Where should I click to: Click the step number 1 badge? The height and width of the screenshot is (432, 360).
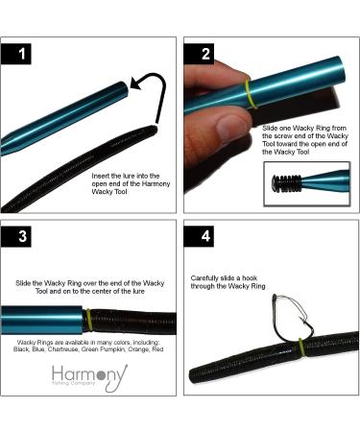(x=16, y=54)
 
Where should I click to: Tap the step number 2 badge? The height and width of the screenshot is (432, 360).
(x=199, y=54)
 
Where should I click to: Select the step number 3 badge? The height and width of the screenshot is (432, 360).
(x=16, y=236)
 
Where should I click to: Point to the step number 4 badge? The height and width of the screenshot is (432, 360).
(x=199, y=236)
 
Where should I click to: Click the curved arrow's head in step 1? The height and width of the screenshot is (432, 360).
(x=136, y=84)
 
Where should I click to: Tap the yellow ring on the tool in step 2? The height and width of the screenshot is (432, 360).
(x=251, y=94)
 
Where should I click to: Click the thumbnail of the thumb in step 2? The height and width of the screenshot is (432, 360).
(x=231, y=129)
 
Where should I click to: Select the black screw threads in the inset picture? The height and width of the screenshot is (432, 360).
(x=286, y=183)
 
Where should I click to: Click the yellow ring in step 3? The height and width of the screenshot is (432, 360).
(x=86, y=321)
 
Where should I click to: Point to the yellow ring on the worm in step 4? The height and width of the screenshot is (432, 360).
(x=301, y=348)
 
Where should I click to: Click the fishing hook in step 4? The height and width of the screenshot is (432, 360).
(x=292, y=320)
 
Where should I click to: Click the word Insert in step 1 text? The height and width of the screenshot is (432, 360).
(x=101, y=176)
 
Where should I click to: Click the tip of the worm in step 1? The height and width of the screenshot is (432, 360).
(x=156, y=128)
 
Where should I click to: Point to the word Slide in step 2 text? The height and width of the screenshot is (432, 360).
(x=270, y=129)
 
